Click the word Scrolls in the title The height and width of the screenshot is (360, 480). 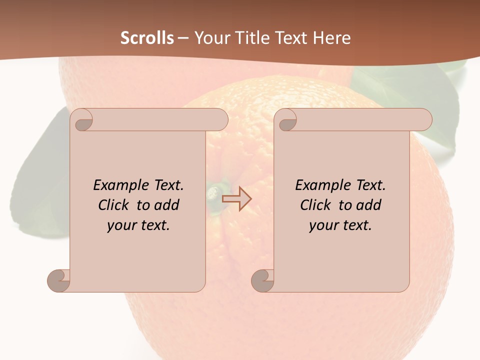click(147, 38)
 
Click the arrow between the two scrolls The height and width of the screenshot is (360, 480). click(236, 198)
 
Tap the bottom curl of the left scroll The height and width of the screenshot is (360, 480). click(59, 279)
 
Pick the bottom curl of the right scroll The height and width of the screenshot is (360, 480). click(263, 279)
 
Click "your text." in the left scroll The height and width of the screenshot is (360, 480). click(138, 225)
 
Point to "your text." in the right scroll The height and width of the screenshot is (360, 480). click(340, 225)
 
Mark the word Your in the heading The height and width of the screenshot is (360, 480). click(211, 38)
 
